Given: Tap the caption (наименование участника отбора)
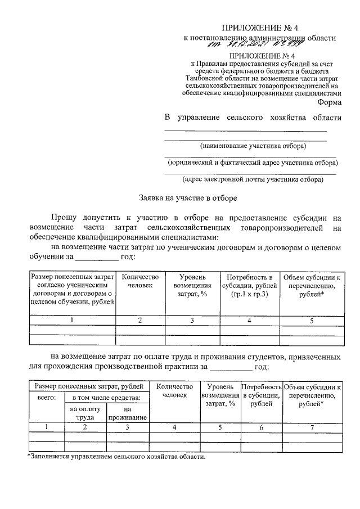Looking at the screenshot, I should click(253, 146).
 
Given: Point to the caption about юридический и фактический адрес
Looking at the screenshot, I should click(253, 163).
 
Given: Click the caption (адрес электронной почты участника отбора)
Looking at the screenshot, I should click(253, 180).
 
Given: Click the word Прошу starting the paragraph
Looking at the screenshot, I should click(66, 217).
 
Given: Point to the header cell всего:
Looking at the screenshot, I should click(46, 398).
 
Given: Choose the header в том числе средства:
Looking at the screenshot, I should click(107, 398).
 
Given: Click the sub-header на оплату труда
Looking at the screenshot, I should click(85, 413).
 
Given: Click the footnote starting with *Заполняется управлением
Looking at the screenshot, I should click(116, 456).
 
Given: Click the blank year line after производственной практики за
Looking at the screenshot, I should click(231, 367).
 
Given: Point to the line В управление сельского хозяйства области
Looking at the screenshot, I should click(253, 118).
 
